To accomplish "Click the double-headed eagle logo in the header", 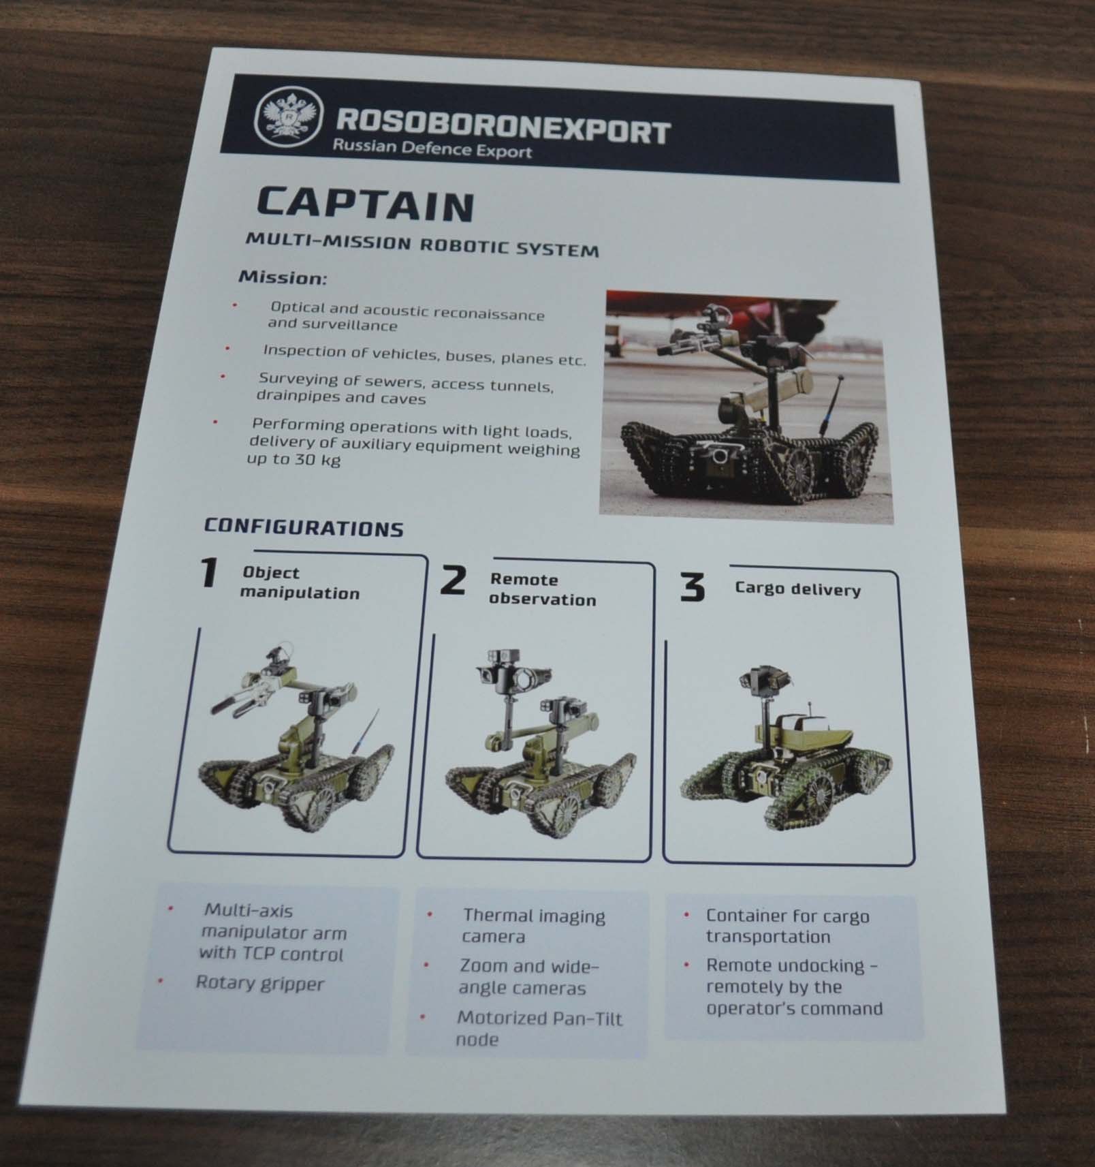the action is (287, 117).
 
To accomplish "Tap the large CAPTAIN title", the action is (365, 204).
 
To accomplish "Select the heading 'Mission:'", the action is (283, 278).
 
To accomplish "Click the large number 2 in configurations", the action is (453, 580).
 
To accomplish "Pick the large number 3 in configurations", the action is (693, 587).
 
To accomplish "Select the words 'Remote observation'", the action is (543, 589).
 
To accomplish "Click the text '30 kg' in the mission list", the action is (306, 459).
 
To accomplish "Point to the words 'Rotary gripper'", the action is (260, 983).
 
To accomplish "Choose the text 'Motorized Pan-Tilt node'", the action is (539, 1028).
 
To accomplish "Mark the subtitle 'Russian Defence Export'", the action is (432, 148).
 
